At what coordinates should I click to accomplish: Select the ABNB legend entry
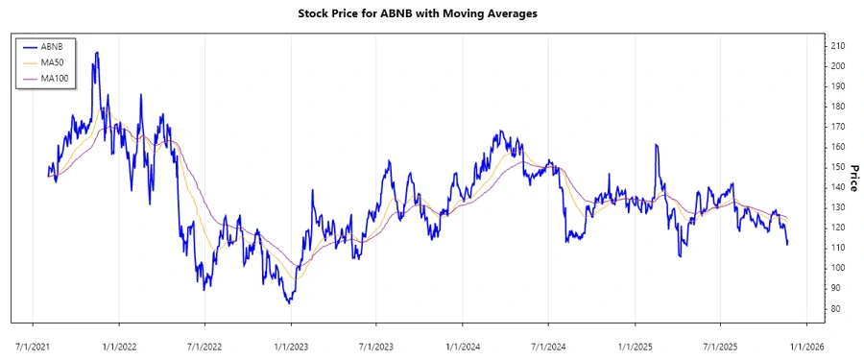tap(53, 46)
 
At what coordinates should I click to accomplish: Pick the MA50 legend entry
tap(54, 61)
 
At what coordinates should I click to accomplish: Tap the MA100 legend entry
tap(56, 77)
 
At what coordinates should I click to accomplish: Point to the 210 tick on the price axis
tap(837, 45)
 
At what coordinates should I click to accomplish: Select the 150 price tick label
tap(837, 167)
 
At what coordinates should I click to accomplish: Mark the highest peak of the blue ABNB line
tap(96, 52)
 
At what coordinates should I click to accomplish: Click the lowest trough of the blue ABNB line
tap(288, 302)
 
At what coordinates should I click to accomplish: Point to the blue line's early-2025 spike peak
tap(657, 145)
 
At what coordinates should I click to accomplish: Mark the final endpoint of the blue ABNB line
tap(787, 244)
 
